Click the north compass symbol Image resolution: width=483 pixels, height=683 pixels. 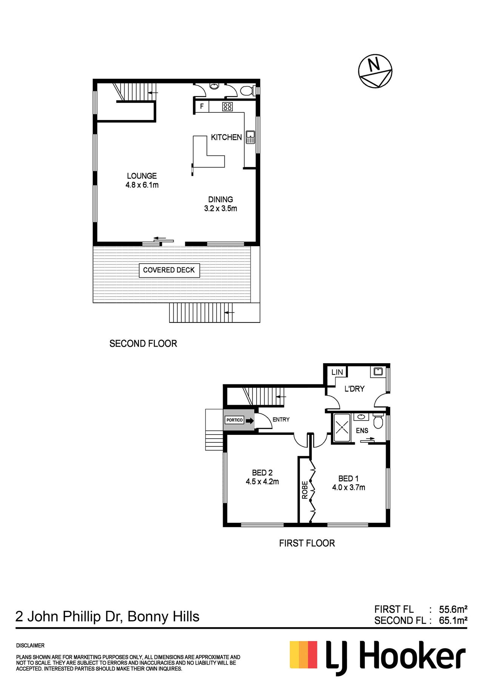(375, 71)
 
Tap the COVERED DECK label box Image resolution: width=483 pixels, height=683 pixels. (169, 270)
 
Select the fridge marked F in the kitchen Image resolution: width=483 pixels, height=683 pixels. (202, 106)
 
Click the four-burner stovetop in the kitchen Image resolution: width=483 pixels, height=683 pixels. (227, 107)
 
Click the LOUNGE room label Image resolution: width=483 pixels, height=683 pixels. (142, 176)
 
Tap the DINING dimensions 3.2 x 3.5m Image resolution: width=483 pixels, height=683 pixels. (221, 209)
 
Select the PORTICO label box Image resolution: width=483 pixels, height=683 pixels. (234, 420)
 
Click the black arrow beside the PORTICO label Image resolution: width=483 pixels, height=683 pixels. (250, 420)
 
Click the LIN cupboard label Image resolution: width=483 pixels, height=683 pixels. (337, 372)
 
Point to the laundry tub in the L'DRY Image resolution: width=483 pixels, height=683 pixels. (378, 371)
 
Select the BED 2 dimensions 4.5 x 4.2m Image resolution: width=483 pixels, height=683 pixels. (262, 482)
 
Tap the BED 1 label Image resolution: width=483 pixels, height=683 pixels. (348, 479)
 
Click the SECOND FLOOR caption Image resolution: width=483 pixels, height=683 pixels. (143, 344)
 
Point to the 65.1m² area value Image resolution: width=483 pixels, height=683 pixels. (453, 620)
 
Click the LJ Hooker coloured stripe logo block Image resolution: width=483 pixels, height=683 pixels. (303, 655)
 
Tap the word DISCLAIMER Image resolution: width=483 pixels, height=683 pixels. (30, 646)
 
